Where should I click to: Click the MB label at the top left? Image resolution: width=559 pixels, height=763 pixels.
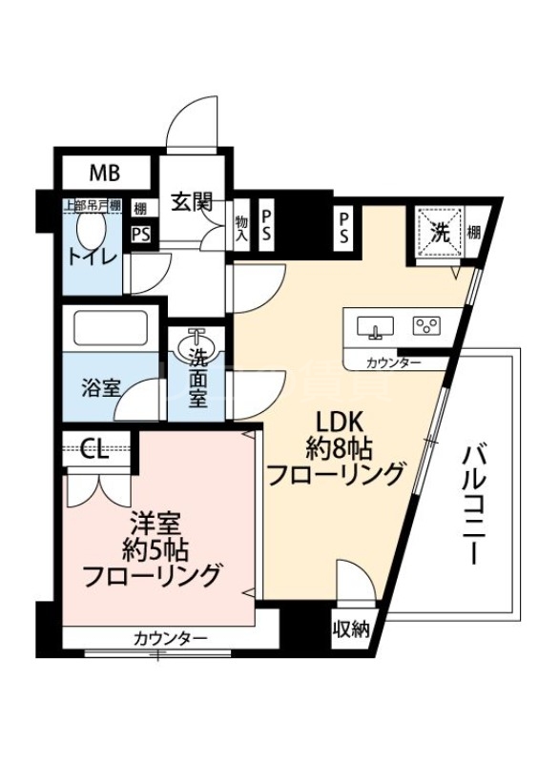(105, 173)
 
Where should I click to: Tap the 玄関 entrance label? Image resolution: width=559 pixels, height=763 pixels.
(191, 202)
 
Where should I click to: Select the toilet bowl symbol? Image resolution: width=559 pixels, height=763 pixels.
(92, 229)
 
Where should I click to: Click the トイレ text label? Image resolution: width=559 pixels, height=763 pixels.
(92, 258)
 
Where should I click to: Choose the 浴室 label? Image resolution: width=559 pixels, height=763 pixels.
(100, 388)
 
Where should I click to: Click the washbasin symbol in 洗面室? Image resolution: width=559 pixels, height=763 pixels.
(198, 340)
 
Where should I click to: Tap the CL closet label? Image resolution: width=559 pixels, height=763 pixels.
(93, 448)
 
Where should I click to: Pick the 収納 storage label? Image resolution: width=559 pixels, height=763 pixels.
(350, 629)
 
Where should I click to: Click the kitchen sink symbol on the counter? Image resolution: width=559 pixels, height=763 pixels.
(375, 328)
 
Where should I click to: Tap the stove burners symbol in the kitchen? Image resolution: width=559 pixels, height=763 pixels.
(425, 327)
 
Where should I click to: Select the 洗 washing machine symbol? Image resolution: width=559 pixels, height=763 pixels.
(439, 231)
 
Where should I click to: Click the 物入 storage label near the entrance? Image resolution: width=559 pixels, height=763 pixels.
(241, 226)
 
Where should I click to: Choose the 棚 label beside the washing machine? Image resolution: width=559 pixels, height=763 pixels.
(475, 232)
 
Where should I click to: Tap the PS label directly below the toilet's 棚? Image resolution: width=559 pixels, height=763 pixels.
(140, 234)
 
